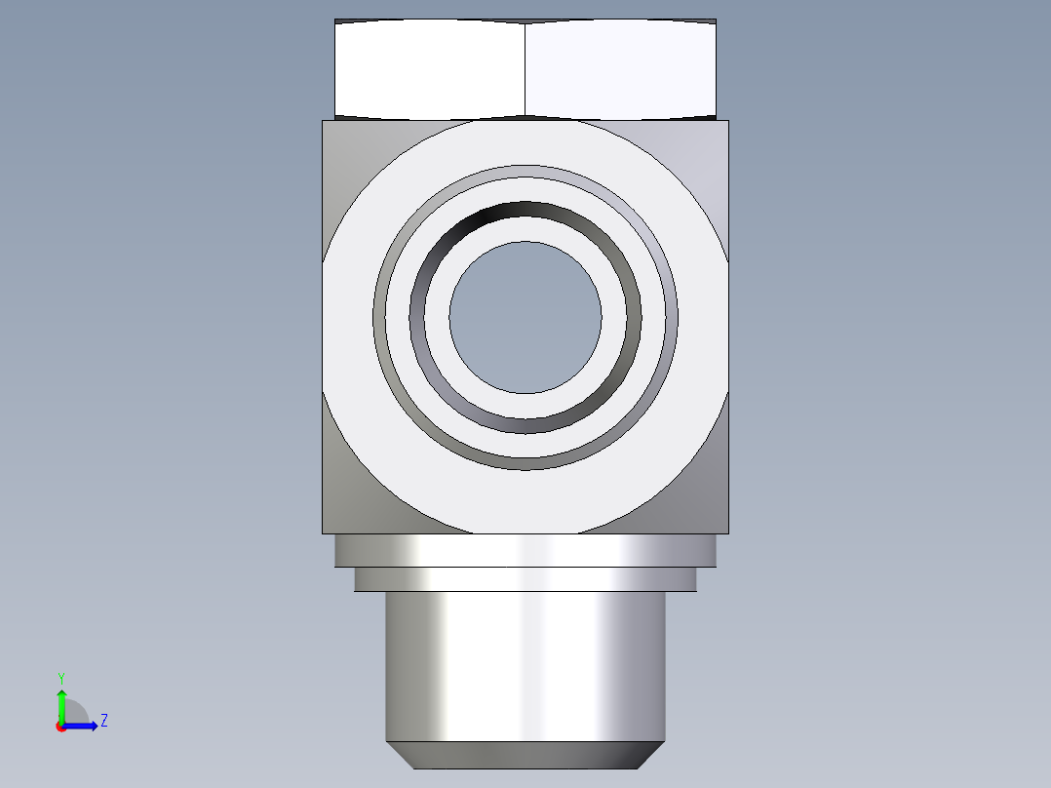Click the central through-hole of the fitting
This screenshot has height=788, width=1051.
[525, 317]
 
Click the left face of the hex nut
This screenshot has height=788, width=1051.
[430, 70]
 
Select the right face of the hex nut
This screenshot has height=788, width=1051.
[621, 70]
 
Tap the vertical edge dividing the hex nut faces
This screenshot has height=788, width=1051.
[525, 70]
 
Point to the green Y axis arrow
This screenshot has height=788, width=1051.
[61, 706]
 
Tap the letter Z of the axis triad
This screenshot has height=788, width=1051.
[104, 721]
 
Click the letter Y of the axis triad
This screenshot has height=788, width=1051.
[61, 679]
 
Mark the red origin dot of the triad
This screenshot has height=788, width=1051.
[61, 727]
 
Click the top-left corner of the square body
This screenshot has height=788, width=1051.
[323, 121]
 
